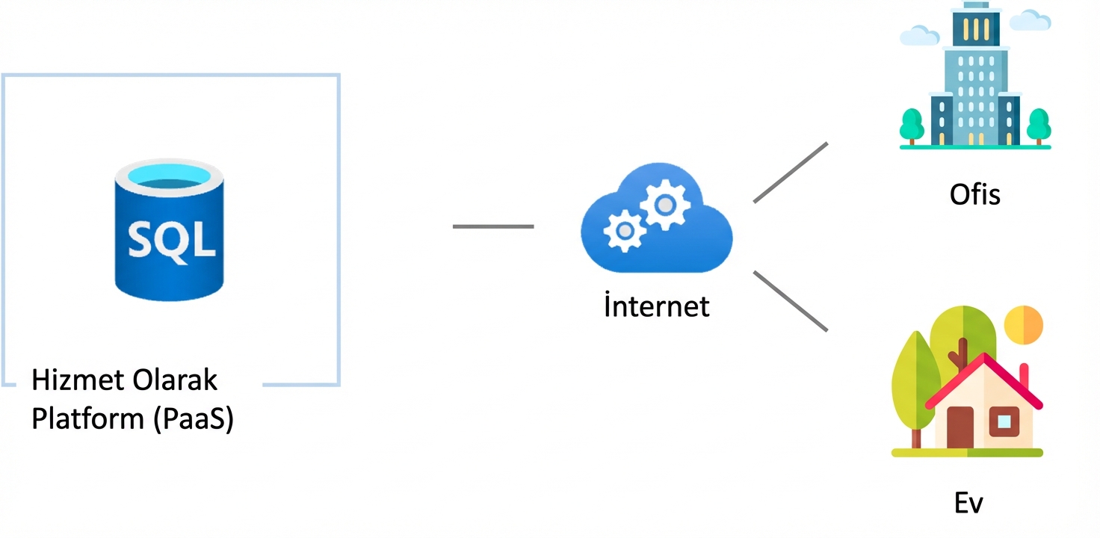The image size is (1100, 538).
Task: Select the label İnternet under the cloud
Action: (656, 306)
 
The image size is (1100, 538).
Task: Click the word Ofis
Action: (974, 194)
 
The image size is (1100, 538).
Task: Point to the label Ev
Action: (968, 503)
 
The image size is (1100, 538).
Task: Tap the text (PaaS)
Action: (194, 418)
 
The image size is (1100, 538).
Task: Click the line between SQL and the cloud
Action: (493, 226)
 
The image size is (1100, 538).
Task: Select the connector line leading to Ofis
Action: (791, 172)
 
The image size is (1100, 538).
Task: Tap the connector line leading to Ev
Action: (791, 300)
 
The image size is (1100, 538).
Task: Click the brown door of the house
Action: (960, 427)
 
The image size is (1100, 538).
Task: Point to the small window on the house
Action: (1004, 422)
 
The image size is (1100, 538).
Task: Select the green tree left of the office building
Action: (912, 124)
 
